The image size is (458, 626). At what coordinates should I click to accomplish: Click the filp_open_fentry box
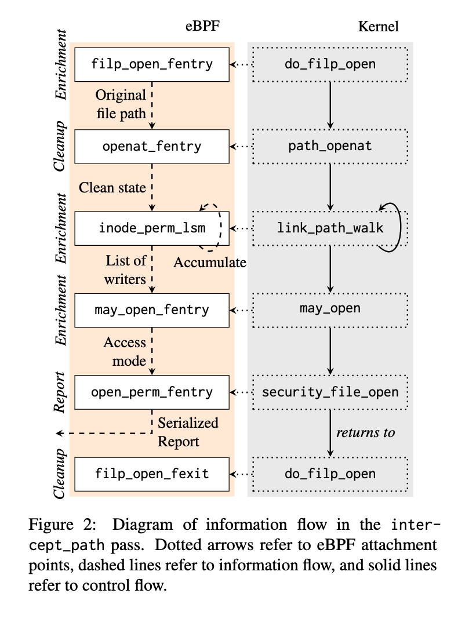152,64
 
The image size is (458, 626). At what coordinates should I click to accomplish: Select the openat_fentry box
152,146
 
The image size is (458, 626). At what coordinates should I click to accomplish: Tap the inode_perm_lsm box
152,228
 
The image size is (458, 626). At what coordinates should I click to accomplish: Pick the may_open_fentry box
152,310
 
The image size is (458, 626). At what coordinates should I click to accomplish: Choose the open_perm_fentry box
152,392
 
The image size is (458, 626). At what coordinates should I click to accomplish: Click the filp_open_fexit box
152,474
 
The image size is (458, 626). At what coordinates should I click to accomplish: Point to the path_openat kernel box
330,146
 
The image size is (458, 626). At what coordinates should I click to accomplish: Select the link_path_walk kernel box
330,228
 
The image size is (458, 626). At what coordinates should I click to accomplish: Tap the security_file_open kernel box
330,392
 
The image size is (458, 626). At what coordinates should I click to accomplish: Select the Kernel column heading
379,26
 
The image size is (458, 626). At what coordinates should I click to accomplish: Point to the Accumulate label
210,263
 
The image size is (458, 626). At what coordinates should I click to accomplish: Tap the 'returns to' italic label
365,432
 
